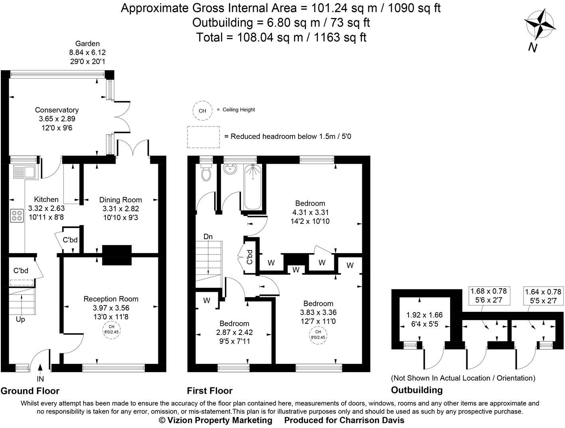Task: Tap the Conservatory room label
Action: coord(57,110)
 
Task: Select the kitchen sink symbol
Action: coord(24,172)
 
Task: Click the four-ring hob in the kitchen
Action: coord(17,216)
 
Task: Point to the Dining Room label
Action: coord(121,200)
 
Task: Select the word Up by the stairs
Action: coord(20,319)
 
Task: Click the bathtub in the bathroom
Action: coord(253,187)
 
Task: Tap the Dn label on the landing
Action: coord(208,236)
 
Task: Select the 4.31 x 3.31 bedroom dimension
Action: coord(310,212)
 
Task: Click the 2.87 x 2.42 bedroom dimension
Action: coord(235,332)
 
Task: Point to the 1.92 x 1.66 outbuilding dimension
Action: coord(425,315)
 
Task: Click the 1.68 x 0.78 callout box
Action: coord(489,295)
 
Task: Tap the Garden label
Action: coord(87,44)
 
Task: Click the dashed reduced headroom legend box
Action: coord(203,137)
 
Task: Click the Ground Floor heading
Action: coord(30,391)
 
